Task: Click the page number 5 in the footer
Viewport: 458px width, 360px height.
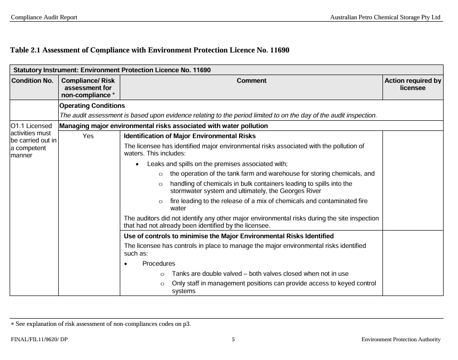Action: (233, 339)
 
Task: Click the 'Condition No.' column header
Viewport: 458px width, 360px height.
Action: (32, 81)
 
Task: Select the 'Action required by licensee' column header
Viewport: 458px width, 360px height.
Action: (413, 85)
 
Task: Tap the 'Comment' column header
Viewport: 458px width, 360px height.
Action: (252, 81)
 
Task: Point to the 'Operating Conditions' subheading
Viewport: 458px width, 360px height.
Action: (92, 105)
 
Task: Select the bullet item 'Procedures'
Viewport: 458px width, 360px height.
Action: (159, 264)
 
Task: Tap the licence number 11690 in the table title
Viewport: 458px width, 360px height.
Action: (279, 50)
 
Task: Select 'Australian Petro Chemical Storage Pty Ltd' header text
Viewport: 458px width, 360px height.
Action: (385, 17)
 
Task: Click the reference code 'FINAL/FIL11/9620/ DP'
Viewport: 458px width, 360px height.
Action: (39, 340)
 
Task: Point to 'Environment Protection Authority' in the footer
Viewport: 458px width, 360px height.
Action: (401, 340)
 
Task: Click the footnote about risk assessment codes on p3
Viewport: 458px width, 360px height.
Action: (102, 324)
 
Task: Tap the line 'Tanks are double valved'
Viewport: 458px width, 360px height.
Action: (260, 274)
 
